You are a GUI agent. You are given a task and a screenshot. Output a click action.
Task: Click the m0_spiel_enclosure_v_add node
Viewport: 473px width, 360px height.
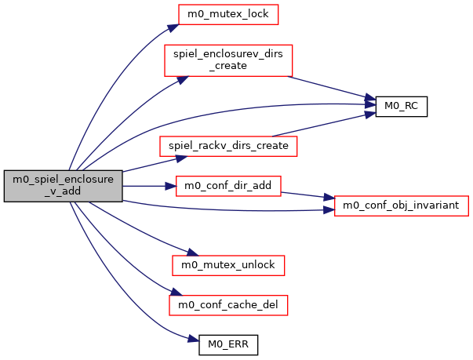point(64,186)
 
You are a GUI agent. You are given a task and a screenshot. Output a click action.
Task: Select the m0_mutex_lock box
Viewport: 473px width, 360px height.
point(228,14)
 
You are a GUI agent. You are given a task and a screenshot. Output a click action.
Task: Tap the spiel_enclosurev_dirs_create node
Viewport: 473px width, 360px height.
point(227,60)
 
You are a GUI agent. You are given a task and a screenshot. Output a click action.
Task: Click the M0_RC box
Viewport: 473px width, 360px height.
point(401,106)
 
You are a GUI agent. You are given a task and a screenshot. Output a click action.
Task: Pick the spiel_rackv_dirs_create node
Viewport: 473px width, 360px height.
point(224,146)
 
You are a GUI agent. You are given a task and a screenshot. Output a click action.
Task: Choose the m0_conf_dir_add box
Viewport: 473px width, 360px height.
point(227,186)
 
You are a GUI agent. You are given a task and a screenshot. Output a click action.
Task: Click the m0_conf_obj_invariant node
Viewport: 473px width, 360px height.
point(402,205)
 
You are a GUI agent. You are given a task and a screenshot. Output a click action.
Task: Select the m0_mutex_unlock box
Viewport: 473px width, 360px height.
point(227,265)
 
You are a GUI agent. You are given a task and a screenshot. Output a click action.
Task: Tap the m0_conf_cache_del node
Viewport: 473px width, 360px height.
point(228,304)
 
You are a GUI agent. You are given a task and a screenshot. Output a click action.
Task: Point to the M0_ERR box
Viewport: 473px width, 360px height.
point(227,343)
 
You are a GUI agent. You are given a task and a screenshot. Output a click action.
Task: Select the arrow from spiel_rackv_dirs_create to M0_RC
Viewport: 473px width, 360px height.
point(322,124)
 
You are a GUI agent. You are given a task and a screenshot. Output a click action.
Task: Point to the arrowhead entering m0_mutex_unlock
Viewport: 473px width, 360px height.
point(187,253)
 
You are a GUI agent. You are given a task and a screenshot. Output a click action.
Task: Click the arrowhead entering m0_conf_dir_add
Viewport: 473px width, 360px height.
point(170,186)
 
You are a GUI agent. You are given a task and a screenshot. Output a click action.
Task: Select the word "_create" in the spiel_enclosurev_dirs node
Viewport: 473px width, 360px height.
point(227,66)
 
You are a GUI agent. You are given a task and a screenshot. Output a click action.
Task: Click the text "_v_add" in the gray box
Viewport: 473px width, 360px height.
point(64,192)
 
